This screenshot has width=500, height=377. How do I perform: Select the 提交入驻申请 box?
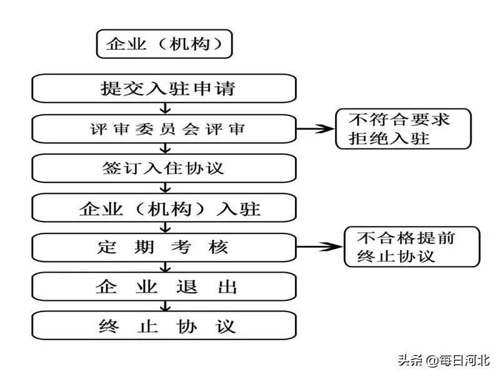click(164, 88)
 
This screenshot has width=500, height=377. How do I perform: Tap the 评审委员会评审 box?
click(164, 129)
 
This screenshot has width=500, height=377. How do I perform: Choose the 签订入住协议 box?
click(164, 169)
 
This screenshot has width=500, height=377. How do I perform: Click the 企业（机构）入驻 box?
click(164, 208)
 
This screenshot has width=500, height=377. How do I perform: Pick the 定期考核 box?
click(164, 247)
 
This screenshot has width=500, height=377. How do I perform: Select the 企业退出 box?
click(164, 287)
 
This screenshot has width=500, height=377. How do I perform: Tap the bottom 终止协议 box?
click(164, 326)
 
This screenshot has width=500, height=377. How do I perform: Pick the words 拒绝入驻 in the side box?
click(393, 138)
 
